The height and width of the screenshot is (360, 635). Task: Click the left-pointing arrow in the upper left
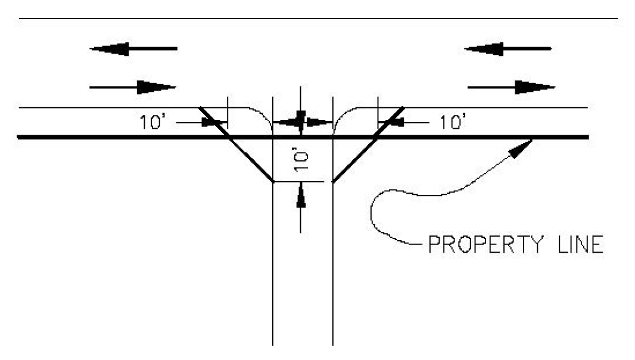(132, 48)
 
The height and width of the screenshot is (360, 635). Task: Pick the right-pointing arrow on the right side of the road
(512, 88)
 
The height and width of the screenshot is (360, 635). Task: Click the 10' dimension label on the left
(150, 122)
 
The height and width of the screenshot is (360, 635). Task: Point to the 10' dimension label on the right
(453, 122)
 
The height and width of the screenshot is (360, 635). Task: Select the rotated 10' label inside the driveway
(301, 160)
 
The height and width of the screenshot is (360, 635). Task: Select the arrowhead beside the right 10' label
(392, 122)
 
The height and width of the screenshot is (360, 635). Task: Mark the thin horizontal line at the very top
(317, 18)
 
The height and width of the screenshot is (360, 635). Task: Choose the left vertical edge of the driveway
(272, 268)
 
